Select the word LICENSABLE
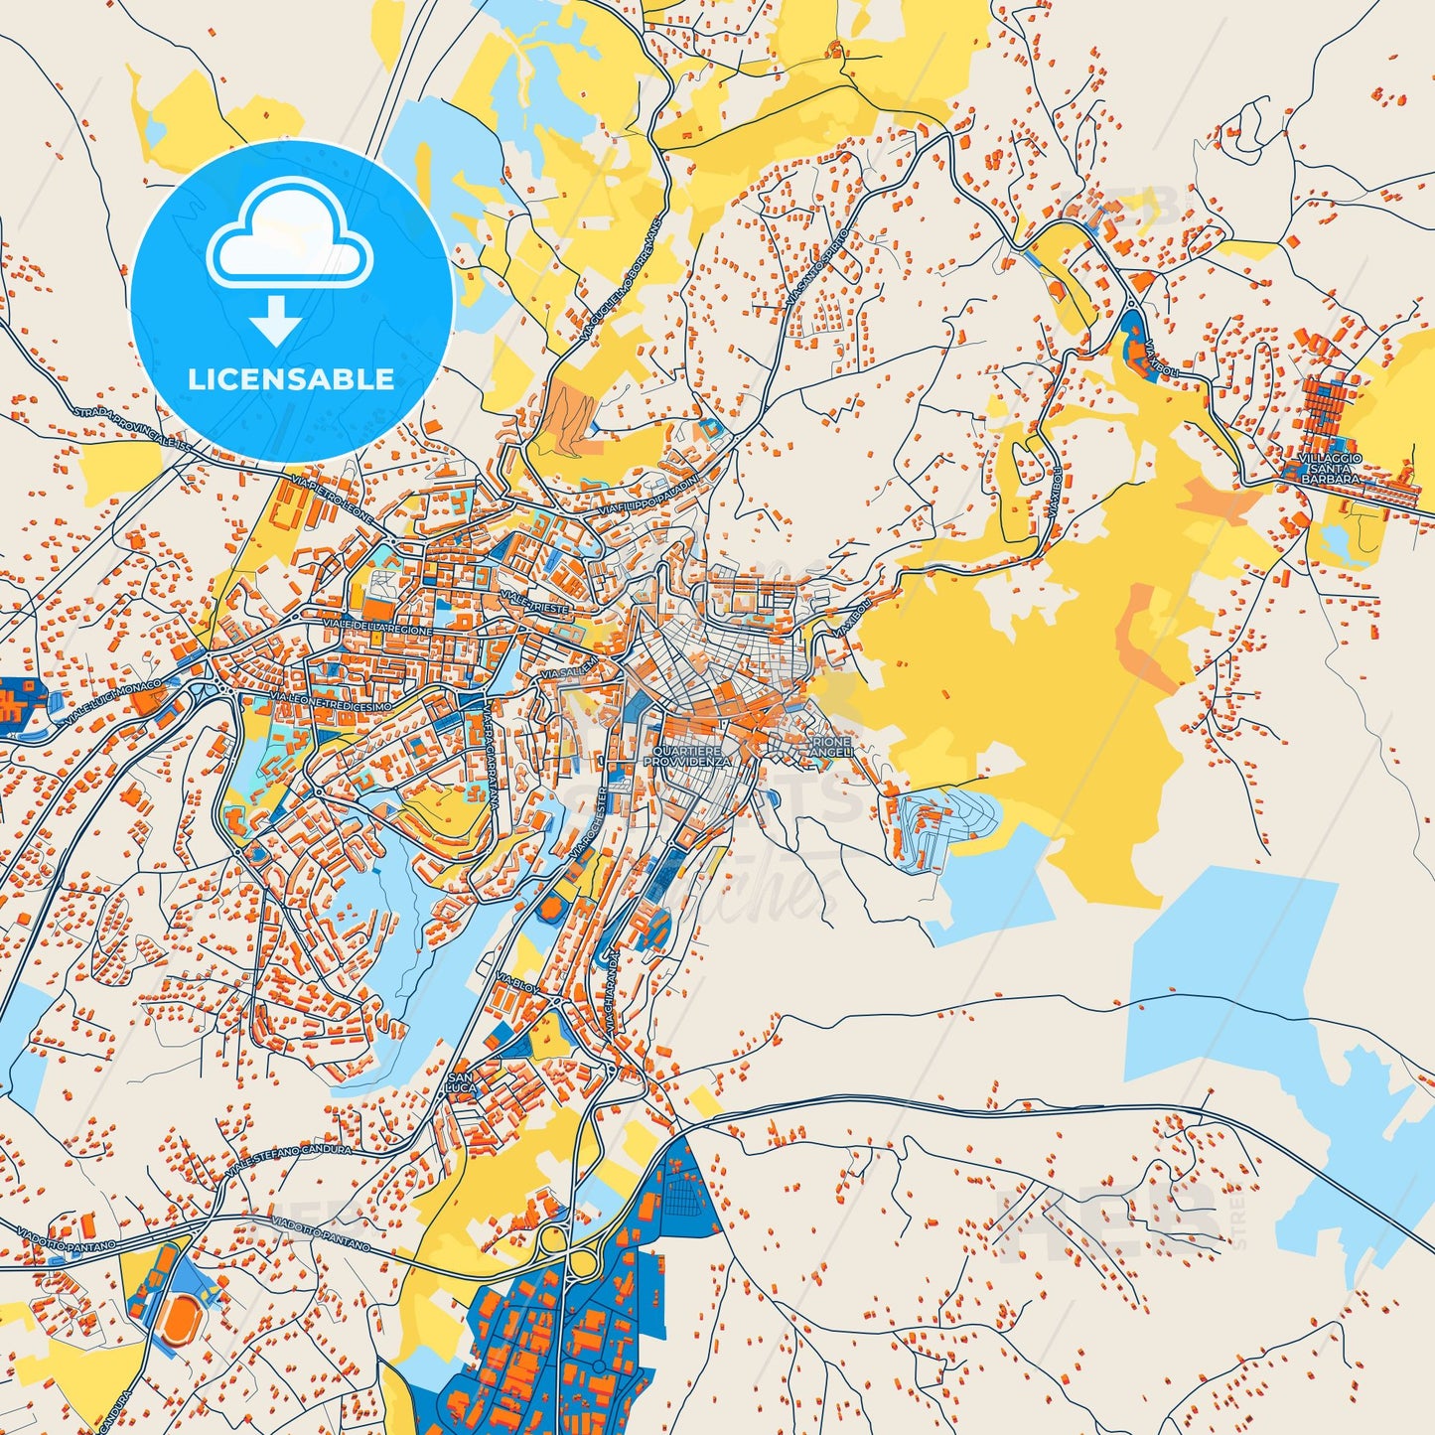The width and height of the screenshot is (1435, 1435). (291, 378)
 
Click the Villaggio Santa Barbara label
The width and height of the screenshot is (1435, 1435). (1330, 468)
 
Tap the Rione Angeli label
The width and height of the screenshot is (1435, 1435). (831, 747)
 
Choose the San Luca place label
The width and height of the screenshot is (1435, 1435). (463, 1082)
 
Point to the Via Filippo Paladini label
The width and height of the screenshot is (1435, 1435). (650, 493)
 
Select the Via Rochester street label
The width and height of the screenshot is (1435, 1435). (589, 823)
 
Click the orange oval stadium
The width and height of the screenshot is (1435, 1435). (179, 1320)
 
